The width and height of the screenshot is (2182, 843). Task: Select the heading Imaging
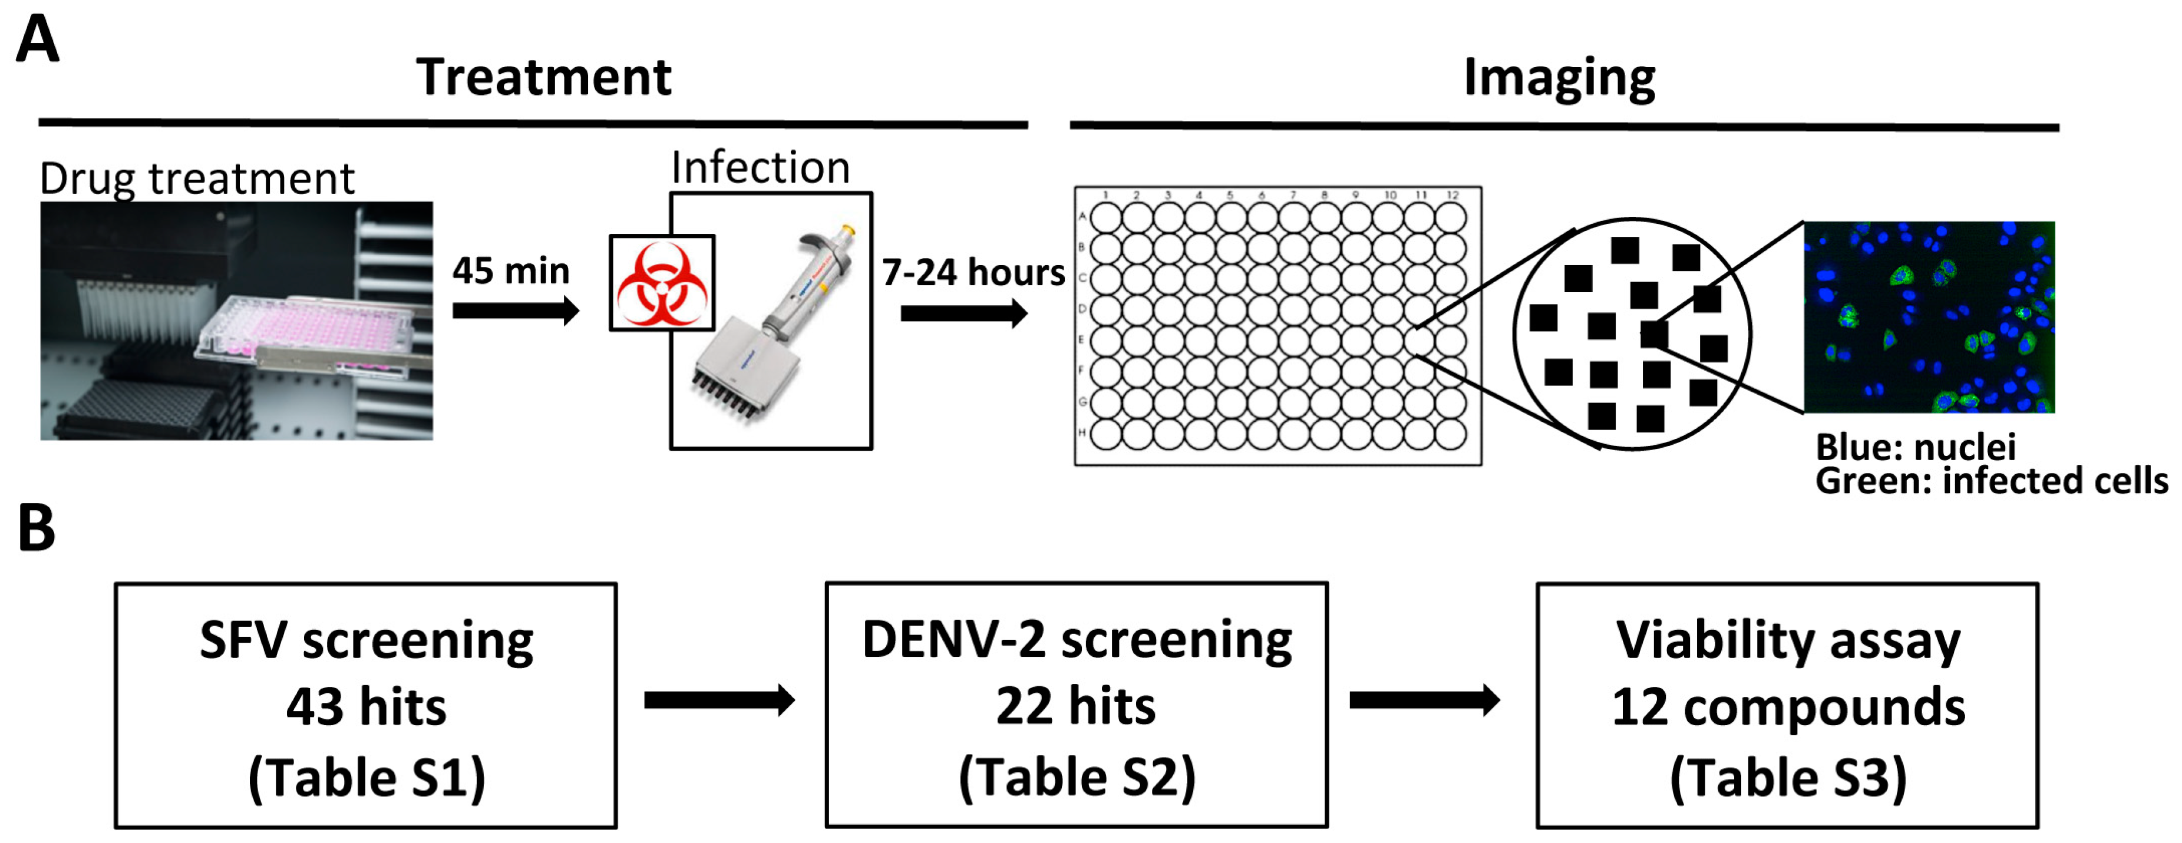[1559, 77]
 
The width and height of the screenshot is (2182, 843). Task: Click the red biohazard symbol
[662, 283]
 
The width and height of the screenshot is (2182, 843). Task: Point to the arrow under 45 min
[514, 311]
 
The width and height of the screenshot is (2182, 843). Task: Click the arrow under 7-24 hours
[963, 313]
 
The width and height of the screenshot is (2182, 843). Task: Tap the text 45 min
[511, 271]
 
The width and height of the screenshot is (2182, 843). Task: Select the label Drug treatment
[197, 178]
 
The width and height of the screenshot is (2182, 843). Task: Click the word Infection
[760, 167]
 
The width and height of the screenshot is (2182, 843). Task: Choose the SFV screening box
[365, 705]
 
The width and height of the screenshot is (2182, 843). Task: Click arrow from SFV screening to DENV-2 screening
[718, 700]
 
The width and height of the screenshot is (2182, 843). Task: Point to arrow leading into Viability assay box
[1424, 700]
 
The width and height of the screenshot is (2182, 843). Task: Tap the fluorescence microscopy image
[1929, 317]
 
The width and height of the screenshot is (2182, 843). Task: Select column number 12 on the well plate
[1453, 195]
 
